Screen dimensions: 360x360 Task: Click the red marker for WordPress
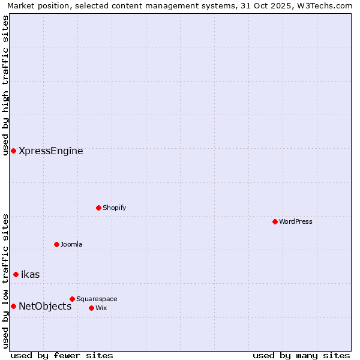[275, 221]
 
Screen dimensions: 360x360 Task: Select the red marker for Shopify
[98, 208]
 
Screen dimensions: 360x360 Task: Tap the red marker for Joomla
[56, 244]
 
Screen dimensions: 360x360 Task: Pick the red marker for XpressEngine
[13, 151]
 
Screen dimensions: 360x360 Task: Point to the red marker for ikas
[16, 274]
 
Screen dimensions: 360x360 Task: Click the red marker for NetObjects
[13, 306]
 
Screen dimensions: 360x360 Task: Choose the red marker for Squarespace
[72, 299]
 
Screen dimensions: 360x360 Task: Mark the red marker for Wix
[91, 308]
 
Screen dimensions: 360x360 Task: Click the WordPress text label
[296, 221]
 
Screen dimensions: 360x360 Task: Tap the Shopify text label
[114, 208]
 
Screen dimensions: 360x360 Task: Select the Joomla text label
[71, 244]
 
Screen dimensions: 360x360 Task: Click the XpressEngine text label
[51, 151]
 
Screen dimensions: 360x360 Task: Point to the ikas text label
[31, 274]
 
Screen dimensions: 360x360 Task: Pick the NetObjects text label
[45, 306]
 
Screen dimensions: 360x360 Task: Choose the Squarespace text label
[97, 299]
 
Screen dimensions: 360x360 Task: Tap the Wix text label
[101, 308]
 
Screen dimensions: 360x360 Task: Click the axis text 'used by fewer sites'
[62, 355]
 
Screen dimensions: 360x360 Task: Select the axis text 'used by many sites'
[301, 355]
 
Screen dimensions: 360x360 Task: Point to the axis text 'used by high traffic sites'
[5, 85]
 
